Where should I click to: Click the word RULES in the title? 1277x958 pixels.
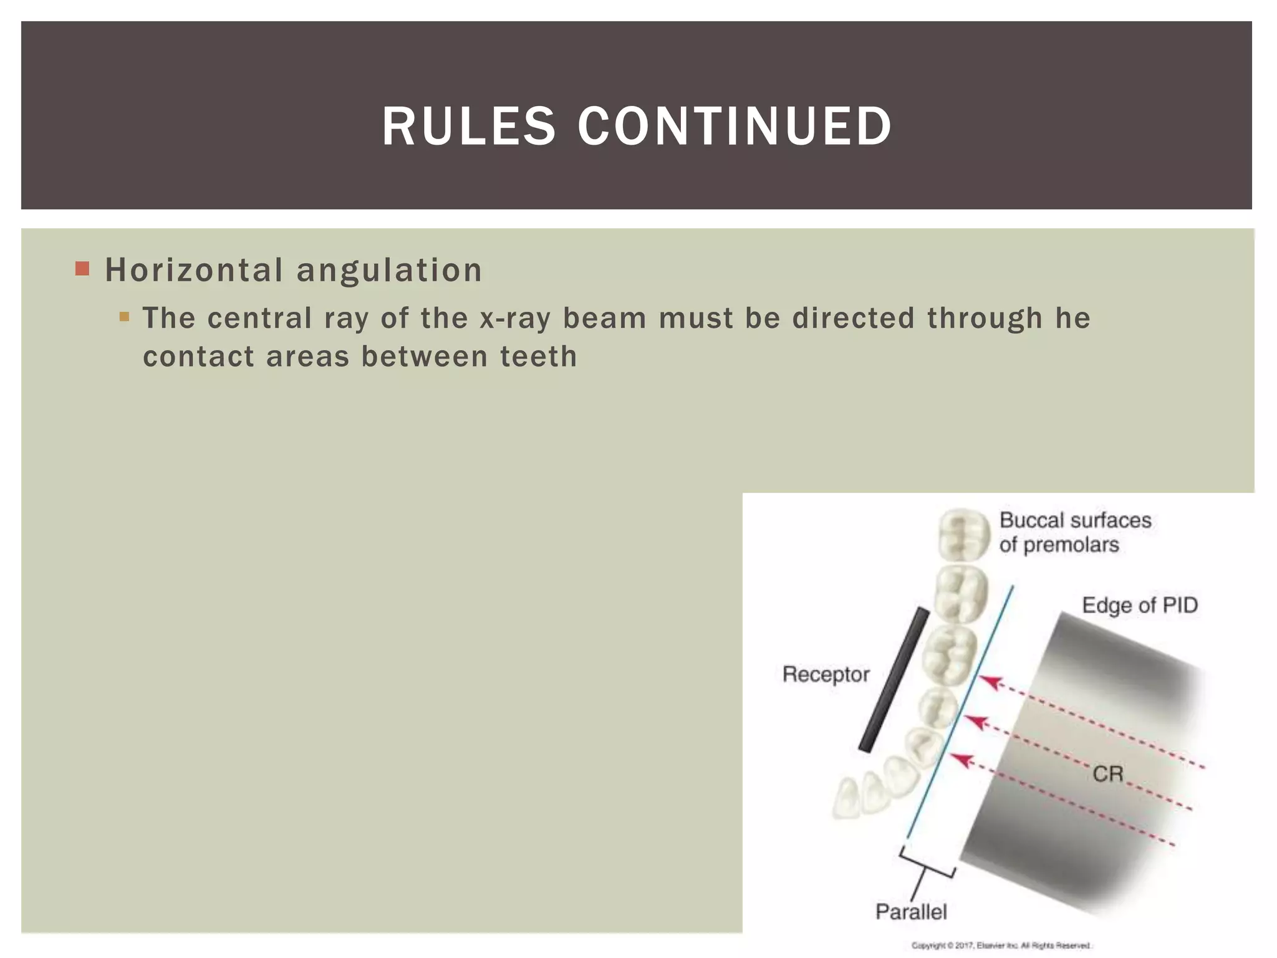tap(468, 127)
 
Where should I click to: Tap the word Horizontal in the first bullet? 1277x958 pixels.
tap(194, 270)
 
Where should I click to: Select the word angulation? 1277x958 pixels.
tap(389, 270)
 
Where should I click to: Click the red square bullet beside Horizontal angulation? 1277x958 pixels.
tap(82, 269)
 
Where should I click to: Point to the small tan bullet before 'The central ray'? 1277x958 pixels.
tap(124, 317)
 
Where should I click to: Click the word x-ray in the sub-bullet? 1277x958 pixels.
tap(515, 318)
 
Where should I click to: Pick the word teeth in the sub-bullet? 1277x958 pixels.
tap(539, 357)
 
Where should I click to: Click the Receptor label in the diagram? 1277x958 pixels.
tap(826, 674)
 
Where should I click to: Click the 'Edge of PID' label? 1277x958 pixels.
tap(1140, 605)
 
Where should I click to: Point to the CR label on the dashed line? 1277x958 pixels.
tap(1108, 774)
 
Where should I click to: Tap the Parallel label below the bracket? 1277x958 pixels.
tap(911, 912)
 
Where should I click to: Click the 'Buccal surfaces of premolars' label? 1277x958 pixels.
tap(1075, 532)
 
